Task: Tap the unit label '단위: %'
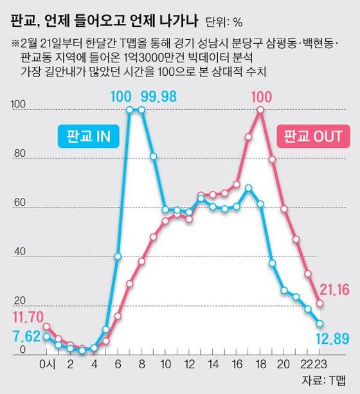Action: pos(224,23)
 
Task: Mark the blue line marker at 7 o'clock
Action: pos(129,110)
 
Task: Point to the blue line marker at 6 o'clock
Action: pos(118,256)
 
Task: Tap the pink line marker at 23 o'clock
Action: pos(319,303)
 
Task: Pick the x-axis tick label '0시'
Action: pos(47,366)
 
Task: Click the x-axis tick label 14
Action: pos(213,366)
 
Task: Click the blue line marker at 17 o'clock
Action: pos(248,188)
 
